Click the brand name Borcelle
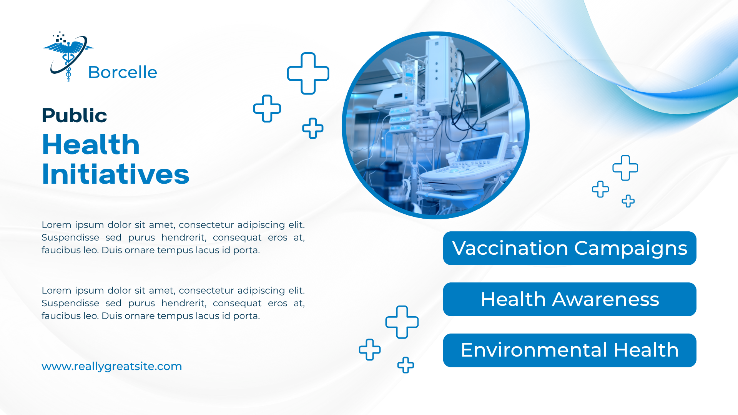tap(123, 72)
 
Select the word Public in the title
tap(74, 115)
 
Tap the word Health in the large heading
tap(91, 144)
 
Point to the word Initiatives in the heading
tap(115, 174)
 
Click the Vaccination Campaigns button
tap(570, 248)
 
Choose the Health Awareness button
tap(570, 299)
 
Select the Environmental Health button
tap(570, 350)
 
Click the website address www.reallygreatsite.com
tap(111, 366)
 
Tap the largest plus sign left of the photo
tap(308, 73)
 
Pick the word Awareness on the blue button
tap(606, 299)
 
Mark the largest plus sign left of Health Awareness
tap(402, 322)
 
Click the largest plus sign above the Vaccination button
tap(625, 168)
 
